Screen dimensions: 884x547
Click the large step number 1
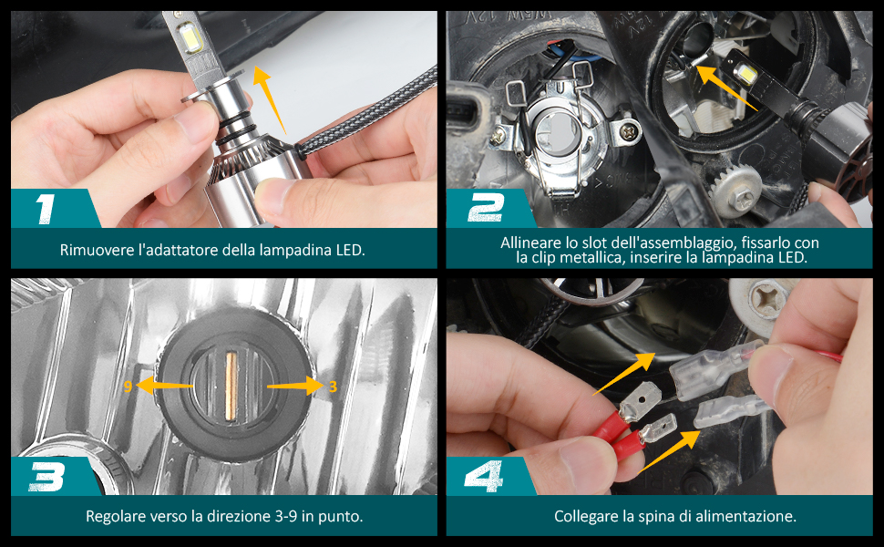click(45, 209)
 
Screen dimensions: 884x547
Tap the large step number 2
click(486, 208)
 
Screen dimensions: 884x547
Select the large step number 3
click(46, 477)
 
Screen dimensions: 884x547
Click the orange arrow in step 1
click(270, 99)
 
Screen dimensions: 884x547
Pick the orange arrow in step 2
click(726, 87)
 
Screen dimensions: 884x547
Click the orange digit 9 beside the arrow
click(128, 387)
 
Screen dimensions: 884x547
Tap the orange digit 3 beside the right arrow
click(333, 387)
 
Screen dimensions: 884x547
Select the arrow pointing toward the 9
click(165, 386)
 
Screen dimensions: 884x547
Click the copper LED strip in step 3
click(231, 387)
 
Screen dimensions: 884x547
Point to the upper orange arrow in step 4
click(624, 373)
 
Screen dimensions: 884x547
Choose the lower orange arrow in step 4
click(669, 451)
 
